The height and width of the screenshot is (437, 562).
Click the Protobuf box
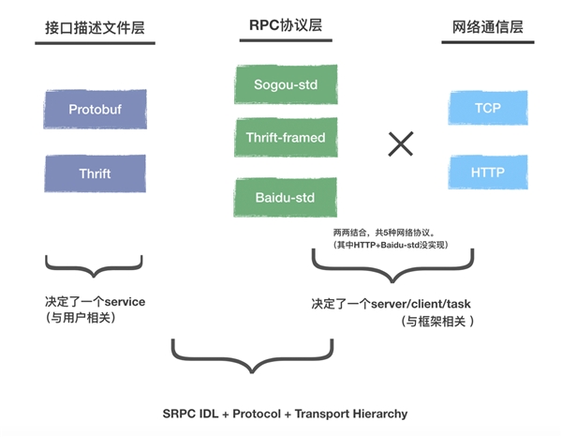click(x=95, y=110)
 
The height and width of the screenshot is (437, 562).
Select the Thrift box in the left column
click(x=95, y=174)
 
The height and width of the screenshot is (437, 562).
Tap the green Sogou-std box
click(x=285, y=85)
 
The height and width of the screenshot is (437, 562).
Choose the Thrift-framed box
click(x=285, y=139)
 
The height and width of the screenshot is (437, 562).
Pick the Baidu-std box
click(x=285, y=198)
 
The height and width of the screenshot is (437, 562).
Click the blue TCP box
click(x=487, y=108)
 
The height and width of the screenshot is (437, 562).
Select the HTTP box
click(x=487, y=173)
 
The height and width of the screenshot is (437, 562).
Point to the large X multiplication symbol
click(x=401, y=143)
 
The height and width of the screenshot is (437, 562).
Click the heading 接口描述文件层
click(x=94, y=27)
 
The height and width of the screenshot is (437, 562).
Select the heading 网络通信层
click(x=487, y=27)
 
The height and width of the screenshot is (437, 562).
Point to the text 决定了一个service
click(x=95, y=301)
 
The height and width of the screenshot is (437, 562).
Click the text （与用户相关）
click(x=84, y=318)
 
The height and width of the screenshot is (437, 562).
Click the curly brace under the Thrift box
click(x=95, y=266)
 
